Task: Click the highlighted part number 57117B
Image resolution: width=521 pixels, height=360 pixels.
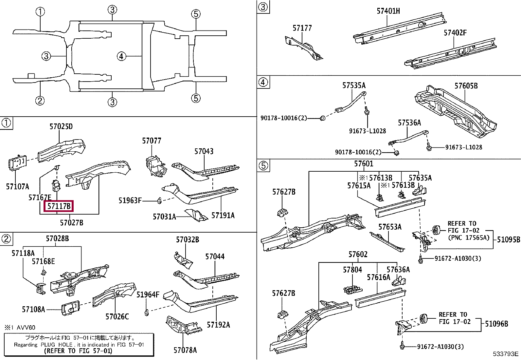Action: coord(59,206)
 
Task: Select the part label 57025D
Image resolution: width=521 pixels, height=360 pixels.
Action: coord(61,126)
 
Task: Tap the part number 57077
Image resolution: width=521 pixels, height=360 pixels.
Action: coord(152,141)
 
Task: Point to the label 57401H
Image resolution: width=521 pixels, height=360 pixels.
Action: coord(388,11)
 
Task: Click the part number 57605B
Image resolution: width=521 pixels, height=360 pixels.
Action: coord(466,86)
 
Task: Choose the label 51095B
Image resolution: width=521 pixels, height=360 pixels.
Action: coord(509,239)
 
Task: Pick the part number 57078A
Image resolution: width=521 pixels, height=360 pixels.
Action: coord(185,350)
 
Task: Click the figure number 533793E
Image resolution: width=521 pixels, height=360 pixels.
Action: coord(506,354)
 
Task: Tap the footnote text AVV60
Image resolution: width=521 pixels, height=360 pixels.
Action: coord(26,328)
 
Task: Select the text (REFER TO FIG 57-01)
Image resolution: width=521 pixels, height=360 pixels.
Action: coord(78,351)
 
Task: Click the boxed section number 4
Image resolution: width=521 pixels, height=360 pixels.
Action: coord(263,82)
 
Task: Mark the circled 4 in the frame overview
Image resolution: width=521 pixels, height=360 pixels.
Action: coord(121,56)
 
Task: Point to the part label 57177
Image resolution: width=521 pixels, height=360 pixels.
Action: coord(302,28)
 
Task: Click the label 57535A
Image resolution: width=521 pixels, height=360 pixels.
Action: coord(354,85)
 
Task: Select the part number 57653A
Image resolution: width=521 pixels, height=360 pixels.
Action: coord(390,227)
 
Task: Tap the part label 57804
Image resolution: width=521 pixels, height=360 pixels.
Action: coord(352,270)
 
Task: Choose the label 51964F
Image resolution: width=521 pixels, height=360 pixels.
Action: coord(148,294)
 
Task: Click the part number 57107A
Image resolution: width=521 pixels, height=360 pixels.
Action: coord(18,186)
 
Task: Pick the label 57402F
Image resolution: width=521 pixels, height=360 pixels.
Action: coord(455,33)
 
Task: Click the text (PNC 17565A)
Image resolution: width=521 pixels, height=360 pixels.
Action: coord(469,237)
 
